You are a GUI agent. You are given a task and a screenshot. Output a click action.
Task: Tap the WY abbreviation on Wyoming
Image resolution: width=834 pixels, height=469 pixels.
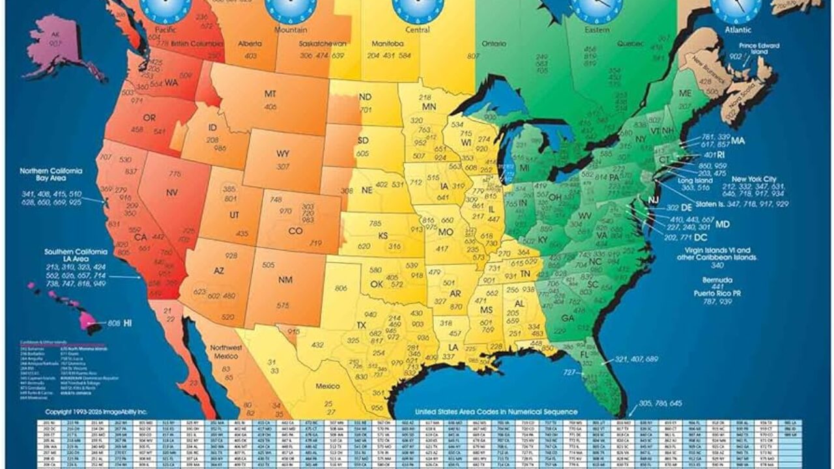(283, 154)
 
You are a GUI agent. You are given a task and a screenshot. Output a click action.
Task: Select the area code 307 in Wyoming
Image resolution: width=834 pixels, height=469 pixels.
(283, 166)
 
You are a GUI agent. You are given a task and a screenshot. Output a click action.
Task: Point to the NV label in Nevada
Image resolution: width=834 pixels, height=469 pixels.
(172, 193)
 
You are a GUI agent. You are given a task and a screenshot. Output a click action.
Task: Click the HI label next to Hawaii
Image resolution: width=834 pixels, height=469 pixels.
(128, 322)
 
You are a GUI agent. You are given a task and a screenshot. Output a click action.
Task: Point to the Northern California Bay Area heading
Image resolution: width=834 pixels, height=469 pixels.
(51, 175)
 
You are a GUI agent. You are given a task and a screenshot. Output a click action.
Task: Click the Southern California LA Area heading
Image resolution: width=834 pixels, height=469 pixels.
(76, 255)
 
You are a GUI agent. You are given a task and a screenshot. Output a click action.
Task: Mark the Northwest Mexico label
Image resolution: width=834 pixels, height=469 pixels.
(227, 352)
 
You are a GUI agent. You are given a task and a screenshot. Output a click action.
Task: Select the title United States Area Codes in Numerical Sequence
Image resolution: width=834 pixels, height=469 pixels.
(496, 412)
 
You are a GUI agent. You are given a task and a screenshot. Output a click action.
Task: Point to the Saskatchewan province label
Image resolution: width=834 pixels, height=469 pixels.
(305, 43)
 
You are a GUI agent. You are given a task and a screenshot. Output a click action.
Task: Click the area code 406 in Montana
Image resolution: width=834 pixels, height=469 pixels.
(270, 107)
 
